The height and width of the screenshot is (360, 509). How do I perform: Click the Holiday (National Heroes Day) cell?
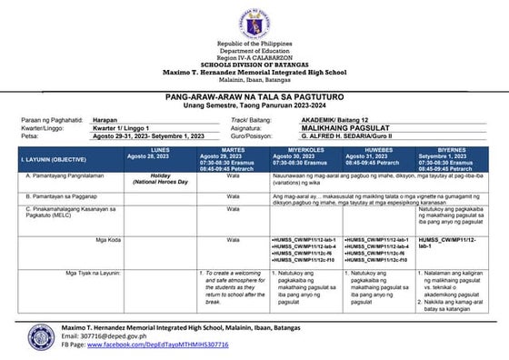click(160, 178)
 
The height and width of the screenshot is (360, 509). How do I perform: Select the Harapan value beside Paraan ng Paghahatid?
click(106, 120)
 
